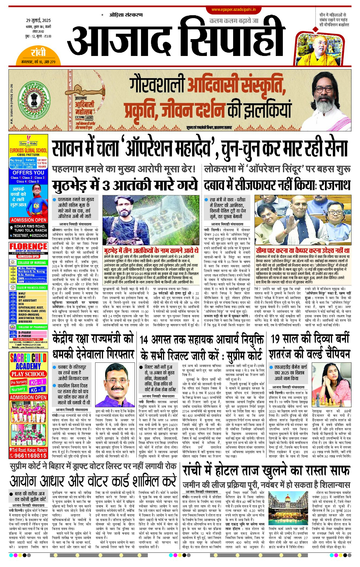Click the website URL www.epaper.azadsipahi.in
click(x=233, y=10)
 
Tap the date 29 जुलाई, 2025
click(x=38, y=20)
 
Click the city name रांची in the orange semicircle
click(x=38, y=52)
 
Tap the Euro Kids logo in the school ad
click(x=28, y=143)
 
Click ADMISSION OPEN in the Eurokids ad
click(x=29, y=220)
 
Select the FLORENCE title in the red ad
click(x=28, y=246)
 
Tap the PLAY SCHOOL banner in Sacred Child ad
click(x=28, y=374)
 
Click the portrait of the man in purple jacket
click(x=115, y=385)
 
